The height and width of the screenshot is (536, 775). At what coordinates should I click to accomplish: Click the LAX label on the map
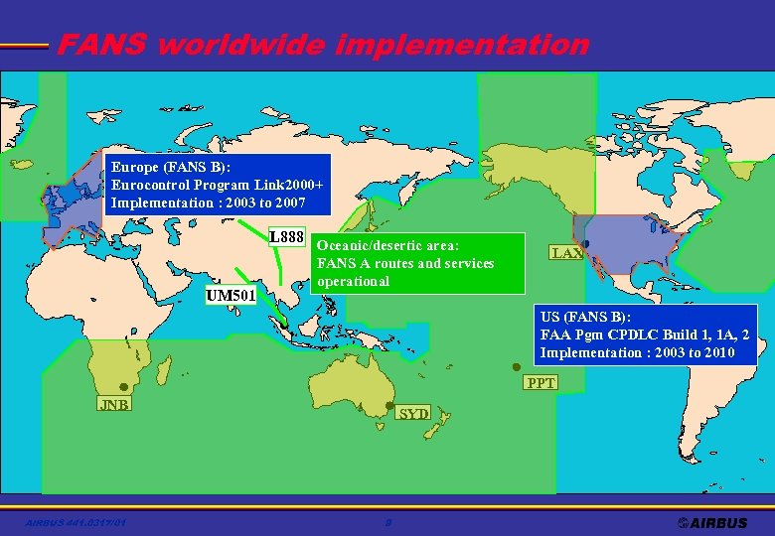[x=567, y=253]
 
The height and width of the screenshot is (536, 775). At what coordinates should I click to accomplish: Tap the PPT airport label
[x=542, y=383]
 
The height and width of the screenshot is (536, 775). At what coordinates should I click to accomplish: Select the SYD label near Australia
[x=413, y=413]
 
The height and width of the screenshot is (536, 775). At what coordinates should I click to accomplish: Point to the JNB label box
[x=113, y=404]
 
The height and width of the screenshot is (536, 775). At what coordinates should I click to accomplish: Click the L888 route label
[x=286, y=237]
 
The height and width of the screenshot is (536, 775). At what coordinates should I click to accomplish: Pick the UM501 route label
[x=231, y=295]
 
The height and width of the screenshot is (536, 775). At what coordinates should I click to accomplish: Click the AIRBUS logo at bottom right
[x=712, y=522]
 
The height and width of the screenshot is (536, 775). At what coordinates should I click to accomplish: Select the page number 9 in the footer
[x=388, y=522]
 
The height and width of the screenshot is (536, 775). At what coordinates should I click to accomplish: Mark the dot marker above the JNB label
[x=123, y=387]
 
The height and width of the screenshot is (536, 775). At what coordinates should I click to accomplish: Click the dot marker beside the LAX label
[x=586, y=244]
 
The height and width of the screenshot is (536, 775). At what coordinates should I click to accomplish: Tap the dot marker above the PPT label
[x=516, y=366]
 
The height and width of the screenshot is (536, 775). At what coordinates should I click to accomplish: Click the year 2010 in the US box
[x=715, y=352]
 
